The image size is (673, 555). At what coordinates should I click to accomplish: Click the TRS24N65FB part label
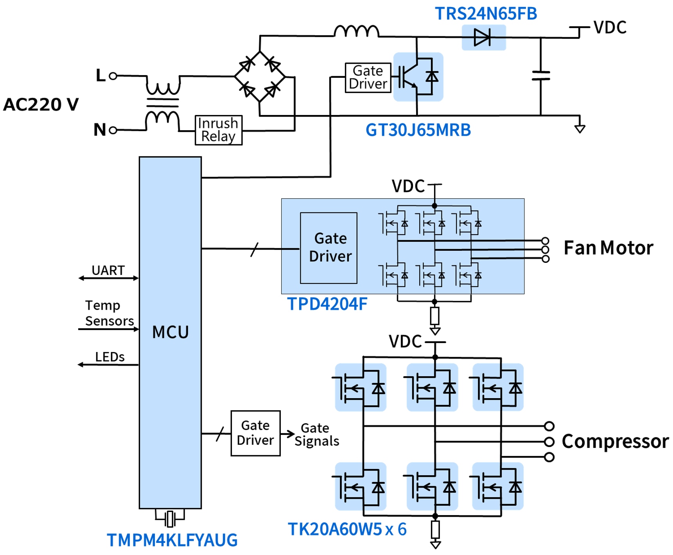(486, 14)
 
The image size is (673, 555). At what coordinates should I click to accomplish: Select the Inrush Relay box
(218, 130)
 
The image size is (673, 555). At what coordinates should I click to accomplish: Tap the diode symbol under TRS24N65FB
(483, 38)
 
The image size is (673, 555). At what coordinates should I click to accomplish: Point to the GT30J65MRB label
(418, 130)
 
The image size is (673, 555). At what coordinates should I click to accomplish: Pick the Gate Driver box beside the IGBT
(368, 77)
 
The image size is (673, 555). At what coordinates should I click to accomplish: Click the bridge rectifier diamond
(260, 77)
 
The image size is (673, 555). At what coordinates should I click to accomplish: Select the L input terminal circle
(113, 76)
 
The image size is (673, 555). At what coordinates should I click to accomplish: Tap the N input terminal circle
(113, 130)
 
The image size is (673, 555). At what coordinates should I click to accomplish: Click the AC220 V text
(41, 104)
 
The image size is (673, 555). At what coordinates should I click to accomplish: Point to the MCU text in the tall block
(170, 332)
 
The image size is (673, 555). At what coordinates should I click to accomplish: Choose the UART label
(108, 270)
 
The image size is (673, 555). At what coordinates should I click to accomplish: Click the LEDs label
(110, 357)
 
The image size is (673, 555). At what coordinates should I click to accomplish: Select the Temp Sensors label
(109, 313)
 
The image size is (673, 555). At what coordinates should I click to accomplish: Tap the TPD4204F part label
(327, 304)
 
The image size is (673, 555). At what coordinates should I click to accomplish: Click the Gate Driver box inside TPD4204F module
(328, 248)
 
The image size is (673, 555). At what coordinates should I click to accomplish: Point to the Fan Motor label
(608, 248)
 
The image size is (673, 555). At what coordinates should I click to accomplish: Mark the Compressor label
(615, 441)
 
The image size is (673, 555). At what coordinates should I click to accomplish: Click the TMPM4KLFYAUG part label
(172, 540)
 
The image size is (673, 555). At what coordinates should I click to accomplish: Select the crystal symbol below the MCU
(170, 519)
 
